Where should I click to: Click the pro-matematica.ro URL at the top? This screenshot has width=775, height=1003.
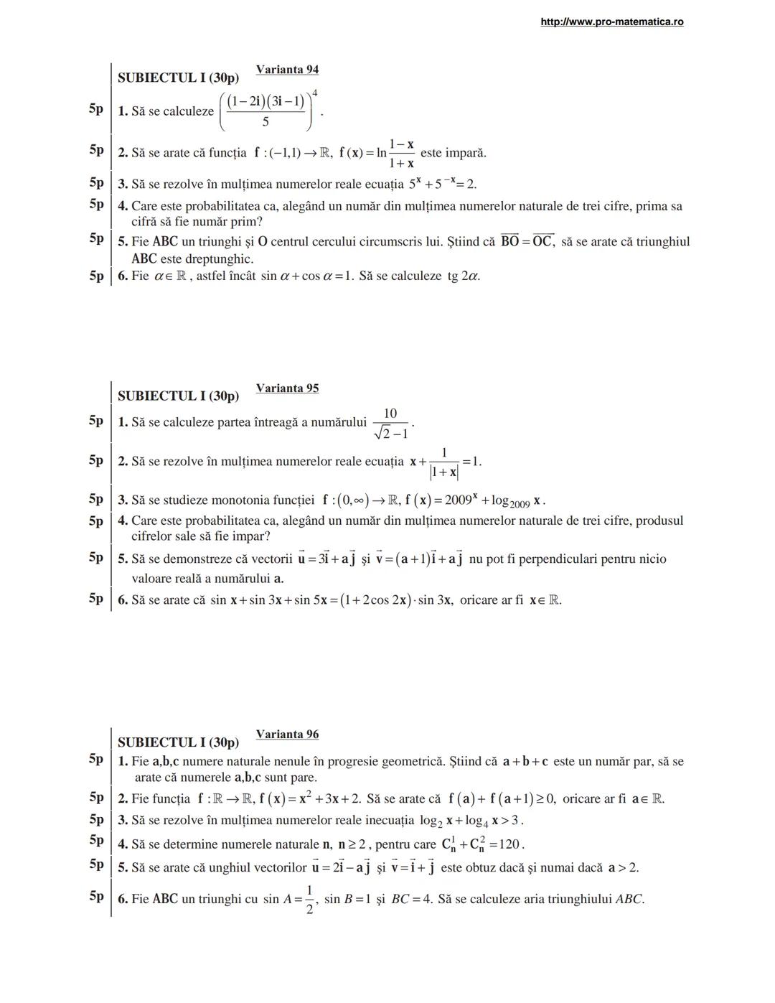611,22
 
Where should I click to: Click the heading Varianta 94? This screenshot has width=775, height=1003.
287,70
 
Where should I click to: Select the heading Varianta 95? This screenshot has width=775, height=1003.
287,388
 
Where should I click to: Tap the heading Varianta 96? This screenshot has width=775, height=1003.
287,734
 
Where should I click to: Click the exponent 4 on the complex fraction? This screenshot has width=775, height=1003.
315,93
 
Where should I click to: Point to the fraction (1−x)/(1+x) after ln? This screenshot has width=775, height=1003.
401,154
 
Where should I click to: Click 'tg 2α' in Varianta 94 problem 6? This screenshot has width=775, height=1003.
464,276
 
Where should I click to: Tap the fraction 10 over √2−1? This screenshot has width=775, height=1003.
390,423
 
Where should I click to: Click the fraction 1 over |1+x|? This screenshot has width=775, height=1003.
444,462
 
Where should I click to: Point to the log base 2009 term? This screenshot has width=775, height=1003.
511,501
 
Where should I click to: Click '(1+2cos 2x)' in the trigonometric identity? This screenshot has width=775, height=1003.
386,600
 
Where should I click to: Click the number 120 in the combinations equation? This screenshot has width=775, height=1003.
512,844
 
